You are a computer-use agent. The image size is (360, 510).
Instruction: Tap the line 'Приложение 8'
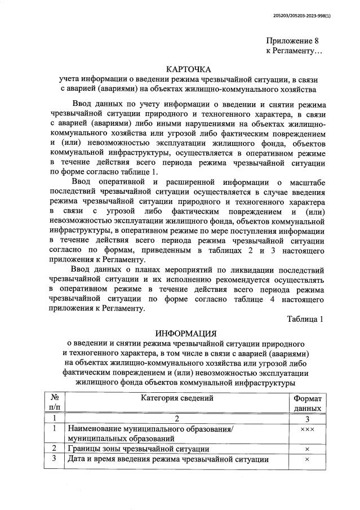pyautogui.click(x=293, y=41)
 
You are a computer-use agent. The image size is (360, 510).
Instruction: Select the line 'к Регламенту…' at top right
pyautogui.click(x=294, y=51)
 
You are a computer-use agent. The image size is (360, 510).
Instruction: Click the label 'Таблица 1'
pyautogui.click(x=305, y=319)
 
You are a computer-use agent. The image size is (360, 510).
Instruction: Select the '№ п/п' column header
pyautogui.click(x=54, y=403)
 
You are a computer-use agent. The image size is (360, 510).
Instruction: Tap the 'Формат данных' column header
pyautogui.click(x=308, y=403)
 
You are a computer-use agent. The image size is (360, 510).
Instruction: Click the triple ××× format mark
pyautogui.click(x=307, y=429)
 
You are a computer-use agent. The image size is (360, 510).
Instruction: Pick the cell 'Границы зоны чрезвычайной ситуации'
pyautogui.click(x=139, y=449)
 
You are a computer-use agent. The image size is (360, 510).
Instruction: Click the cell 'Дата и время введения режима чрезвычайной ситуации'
pyautogui.click(x=168, y=459)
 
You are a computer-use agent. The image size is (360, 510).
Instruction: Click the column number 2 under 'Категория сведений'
pyautogui.click(x=176, y=419)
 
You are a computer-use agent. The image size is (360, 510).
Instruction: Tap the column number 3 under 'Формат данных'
pyautogui.click(x=307, y=419)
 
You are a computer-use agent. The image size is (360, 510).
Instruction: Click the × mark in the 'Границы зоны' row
pyautogui.click(x=307, y=449)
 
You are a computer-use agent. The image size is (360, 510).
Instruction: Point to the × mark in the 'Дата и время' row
pyautogui.click(x=307, y=459)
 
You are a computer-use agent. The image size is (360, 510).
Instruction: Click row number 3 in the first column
pyautogui.click(x=54, y=459)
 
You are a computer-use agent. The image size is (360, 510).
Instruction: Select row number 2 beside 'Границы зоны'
pyautogui.click(x=54, y=449)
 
